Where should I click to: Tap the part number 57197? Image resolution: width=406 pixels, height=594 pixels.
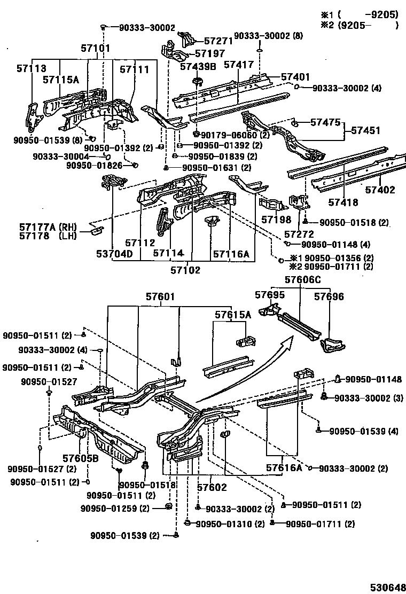[x=210, y=53]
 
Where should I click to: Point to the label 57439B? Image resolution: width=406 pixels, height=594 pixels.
[x=198, y=67]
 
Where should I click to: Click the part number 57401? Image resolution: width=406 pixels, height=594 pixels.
[x=295, y=77]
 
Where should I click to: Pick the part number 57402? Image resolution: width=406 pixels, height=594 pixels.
[x=380, y=190]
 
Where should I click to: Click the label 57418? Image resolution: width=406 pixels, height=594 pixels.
[x=343, y=202]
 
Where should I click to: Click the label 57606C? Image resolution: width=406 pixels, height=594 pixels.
[x=303, y=279]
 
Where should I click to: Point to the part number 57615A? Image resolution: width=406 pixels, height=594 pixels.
[x=233, y=315]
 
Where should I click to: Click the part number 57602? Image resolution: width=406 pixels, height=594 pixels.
[x=212, y=487]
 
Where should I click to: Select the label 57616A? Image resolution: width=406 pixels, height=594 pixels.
[x=284, y=468]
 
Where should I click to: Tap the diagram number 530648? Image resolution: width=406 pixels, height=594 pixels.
[x=385, y=585]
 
